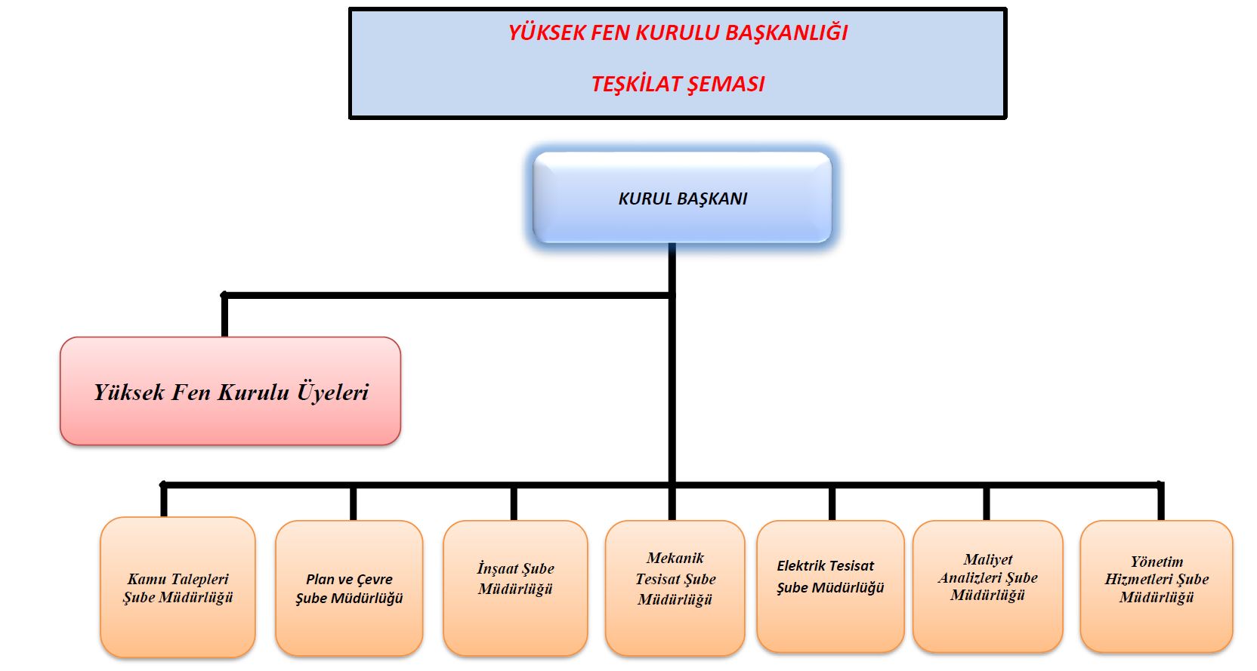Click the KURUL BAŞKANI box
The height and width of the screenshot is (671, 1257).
click(x=682, y=198)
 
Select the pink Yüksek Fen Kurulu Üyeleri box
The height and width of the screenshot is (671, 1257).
click(x=230, y=391)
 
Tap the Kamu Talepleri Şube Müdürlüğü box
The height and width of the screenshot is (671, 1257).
click(x=178, y=587)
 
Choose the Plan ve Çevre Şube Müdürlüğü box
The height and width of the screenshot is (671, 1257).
click(x=349, y=588)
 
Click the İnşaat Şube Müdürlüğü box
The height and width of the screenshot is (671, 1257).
click(x=515, y=586)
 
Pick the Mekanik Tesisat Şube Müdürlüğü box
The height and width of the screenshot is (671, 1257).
click(x=675, y=586)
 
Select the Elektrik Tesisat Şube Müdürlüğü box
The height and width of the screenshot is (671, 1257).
click(x=830, y=585)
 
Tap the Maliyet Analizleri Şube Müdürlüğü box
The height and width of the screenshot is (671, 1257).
click(x=987, y=585)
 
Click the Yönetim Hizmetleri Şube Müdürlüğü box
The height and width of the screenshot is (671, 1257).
click(x=1157, y=586)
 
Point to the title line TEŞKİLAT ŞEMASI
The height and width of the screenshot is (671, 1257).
click(x=678, y=84)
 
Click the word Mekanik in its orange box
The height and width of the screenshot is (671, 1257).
click(x=675, y=558)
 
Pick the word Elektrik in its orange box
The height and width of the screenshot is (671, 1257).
click(x=804, y=565)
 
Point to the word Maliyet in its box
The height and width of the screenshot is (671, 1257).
click(x=987, y=559)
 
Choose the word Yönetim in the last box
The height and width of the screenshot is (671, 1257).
click(x=1157, y=562)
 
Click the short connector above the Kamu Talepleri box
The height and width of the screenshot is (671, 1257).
click(x=163, y=500)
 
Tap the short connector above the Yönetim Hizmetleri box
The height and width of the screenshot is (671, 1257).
click(x=1161, y=502)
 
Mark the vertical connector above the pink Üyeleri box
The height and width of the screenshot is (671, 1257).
click(x=224, y=315)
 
